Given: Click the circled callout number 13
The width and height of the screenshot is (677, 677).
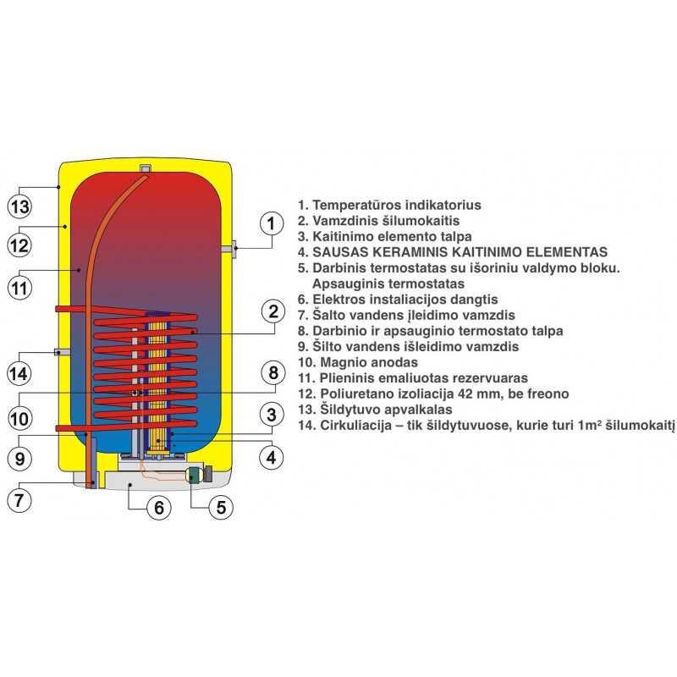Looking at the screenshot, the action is [19, 206].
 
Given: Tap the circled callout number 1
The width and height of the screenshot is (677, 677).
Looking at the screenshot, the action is [272, 223].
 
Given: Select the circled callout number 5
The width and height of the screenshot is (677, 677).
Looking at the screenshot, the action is [221, 507].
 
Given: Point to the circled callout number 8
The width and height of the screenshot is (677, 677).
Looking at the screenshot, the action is [272, 372].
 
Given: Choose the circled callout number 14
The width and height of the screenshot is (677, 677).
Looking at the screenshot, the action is [19, 373].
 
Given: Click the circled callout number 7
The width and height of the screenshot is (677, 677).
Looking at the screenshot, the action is [19, 500].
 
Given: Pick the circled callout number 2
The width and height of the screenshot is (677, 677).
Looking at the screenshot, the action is [272, 311].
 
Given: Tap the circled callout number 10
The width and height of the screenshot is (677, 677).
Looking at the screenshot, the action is [19, 418].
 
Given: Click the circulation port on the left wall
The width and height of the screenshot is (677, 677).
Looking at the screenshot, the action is [62, 352].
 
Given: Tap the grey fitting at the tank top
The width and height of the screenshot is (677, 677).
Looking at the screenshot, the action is [146, 168].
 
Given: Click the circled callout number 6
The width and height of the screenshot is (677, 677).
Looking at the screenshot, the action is [159, 507].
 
